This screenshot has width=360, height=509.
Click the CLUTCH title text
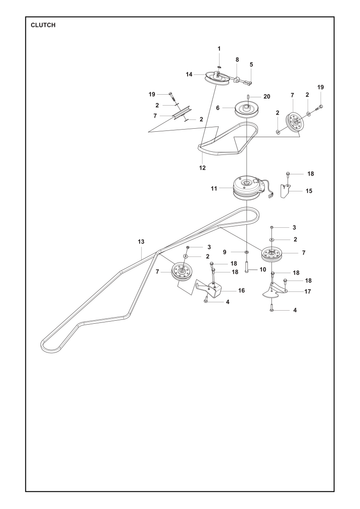coord(43,25)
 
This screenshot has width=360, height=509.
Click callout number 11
coord(214,189)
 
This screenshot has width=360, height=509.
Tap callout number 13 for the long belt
coord(141,241)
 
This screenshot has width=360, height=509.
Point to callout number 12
coord(202,168)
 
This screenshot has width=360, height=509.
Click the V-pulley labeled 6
coord(247,108)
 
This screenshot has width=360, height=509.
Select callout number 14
coord(189,74)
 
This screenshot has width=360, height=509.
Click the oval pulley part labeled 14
coord(217,78)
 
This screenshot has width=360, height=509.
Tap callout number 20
coord(267,97)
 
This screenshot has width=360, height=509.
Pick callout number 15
coord(309,191)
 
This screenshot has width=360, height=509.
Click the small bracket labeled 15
coord(285,191)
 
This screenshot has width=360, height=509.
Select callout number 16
coord(241,291)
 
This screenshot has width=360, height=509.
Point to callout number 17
coord(308,291)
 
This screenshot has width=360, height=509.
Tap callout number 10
coord(263,269)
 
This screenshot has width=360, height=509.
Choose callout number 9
coord(224,252)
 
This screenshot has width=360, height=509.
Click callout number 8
coord(237,60)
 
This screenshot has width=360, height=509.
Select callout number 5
coord(251,64)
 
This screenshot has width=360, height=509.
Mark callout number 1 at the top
coord(219,49)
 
